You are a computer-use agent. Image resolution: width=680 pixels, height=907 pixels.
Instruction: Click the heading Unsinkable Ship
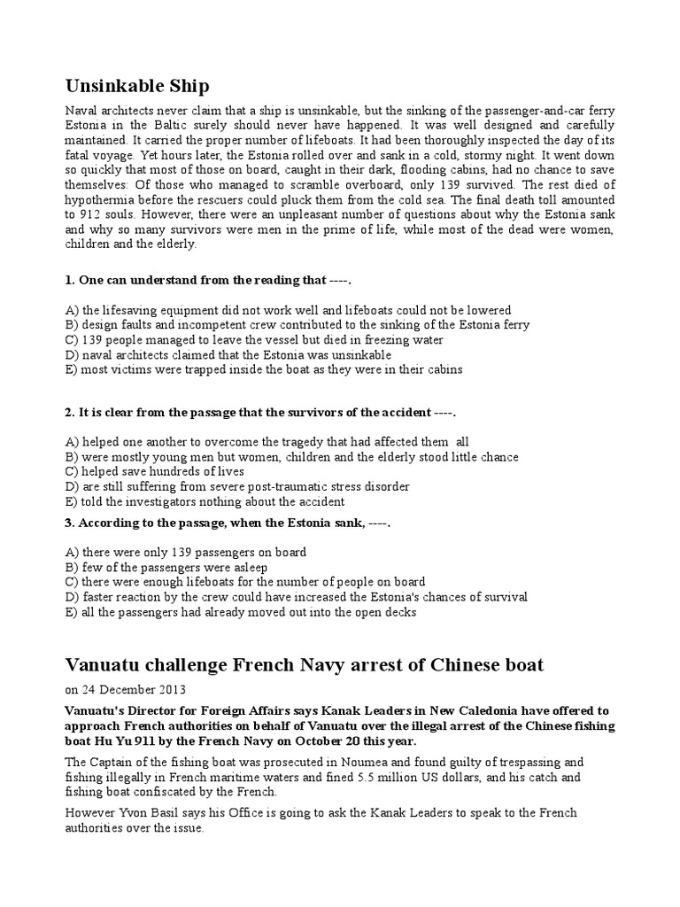coord(137,85)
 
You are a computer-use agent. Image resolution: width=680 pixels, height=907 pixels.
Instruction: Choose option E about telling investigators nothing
coord(205,501)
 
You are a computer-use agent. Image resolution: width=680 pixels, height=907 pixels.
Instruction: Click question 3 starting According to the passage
coord(228,523)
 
